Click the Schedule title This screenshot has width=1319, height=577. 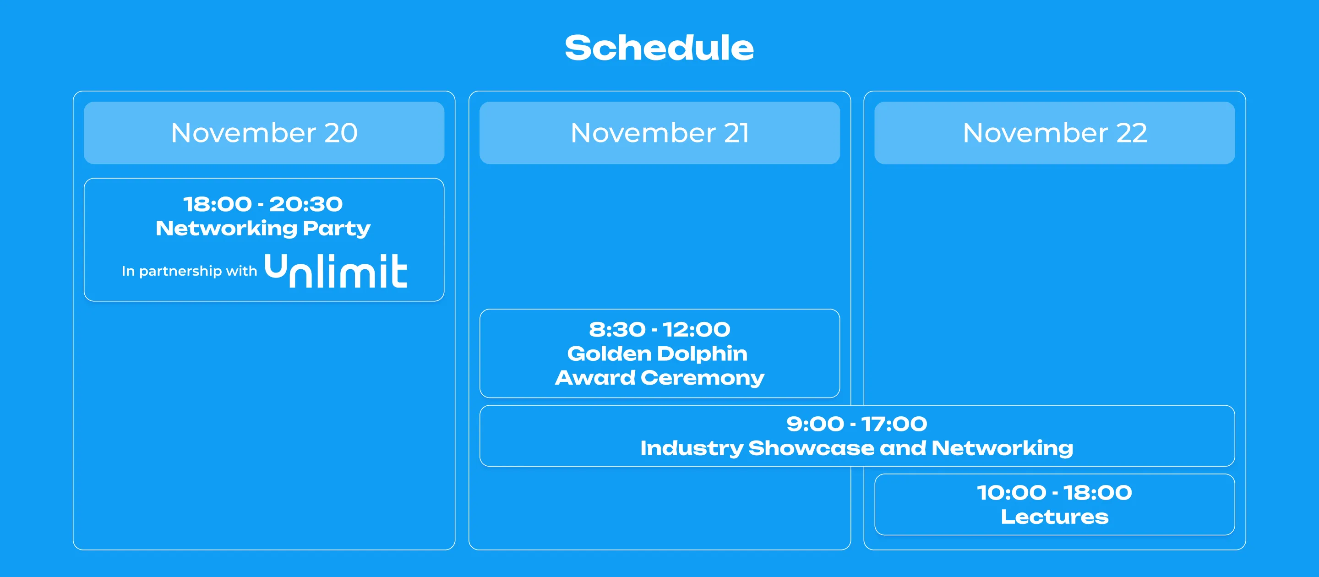(659, 48)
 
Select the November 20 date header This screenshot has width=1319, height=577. (264, 133)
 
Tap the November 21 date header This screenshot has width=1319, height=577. (659, 133)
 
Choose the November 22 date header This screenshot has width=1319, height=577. (1055, 133)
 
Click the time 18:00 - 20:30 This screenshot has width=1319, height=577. (263, 204)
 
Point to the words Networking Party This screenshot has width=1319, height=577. (263, 229)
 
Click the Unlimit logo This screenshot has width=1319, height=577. (336, 270)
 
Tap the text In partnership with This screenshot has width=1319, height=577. (190, 271)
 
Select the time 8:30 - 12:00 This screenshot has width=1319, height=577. (659, 329)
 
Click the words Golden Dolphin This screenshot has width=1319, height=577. (658, 354)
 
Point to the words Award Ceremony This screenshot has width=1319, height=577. (659, 378)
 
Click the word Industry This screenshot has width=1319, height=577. (692, 448)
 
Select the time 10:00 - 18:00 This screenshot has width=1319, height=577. (1055, 493)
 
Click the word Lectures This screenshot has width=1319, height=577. (1055, 517)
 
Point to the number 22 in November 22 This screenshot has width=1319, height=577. (1132, 133)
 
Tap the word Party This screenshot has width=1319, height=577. (337, 229)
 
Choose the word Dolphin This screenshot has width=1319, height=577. (703, 354)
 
